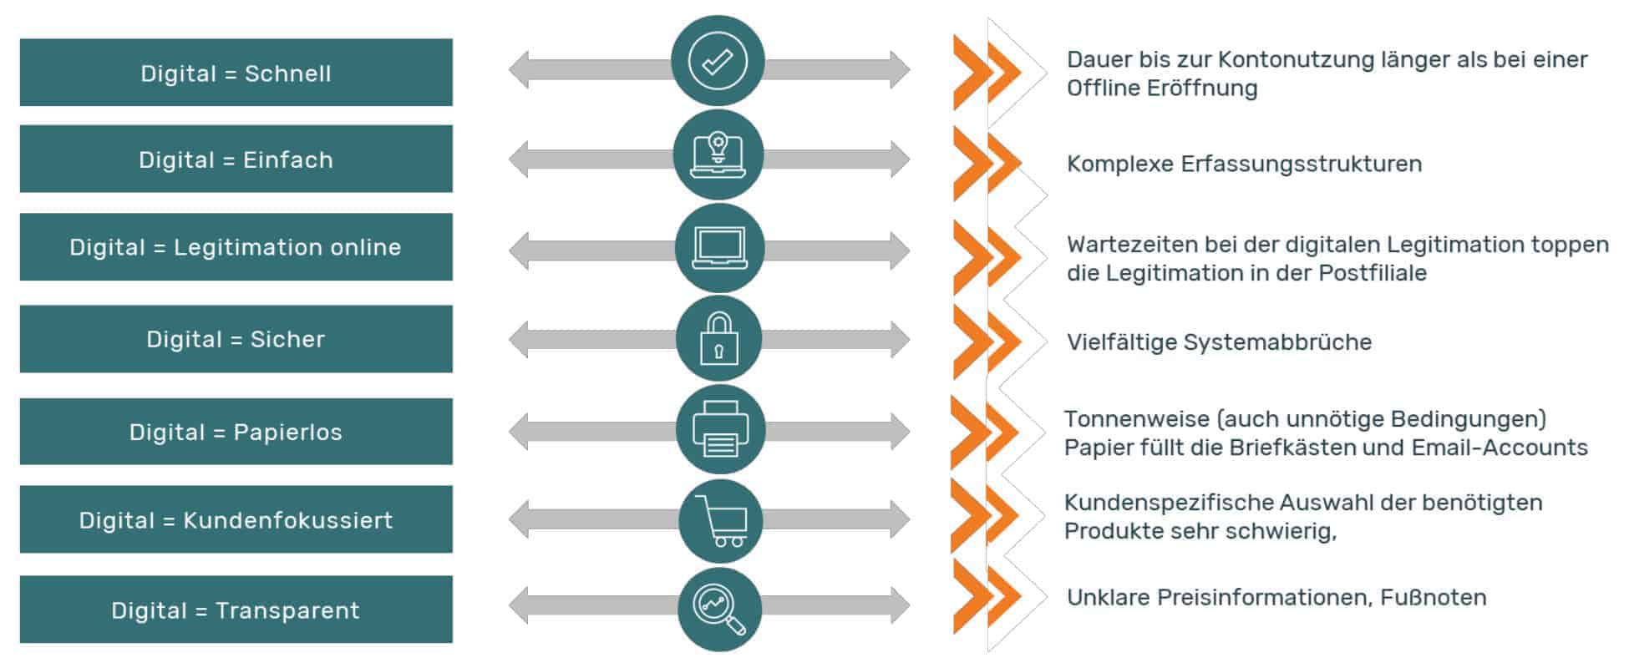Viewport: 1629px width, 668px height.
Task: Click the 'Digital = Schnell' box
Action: (x=236, y=73)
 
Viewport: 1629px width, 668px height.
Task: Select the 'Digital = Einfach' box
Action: (x=236, y=159)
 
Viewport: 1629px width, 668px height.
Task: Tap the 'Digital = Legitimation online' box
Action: (x=236, y=247)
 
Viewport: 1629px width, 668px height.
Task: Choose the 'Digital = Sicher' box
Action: (x=236, y=339)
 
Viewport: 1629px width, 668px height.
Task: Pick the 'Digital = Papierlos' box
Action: (x=236, y=432)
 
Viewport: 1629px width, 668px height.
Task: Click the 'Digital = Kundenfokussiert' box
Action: (x=236, y=520)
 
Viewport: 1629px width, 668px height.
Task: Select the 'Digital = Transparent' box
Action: (x=236, y=610)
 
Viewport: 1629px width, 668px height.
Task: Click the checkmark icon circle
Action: (x=718, y=61)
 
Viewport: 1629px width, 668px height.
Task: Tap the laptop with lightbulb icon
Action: (x=718, y=155)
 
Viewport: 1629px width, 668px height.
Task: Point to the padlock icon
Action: (x=718, y=339)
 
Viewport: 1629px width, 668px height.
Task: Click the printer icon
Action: (x=720, y=431)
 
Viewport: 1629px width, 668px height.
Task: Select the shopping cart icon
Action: (x=720, y=521)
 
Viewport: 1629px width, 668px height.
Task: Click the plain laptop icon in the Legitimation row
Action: (x=719, y=248)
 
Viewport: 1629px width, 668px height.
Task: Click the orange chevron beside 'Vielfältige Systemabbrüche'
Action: (x=987, y=341)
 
